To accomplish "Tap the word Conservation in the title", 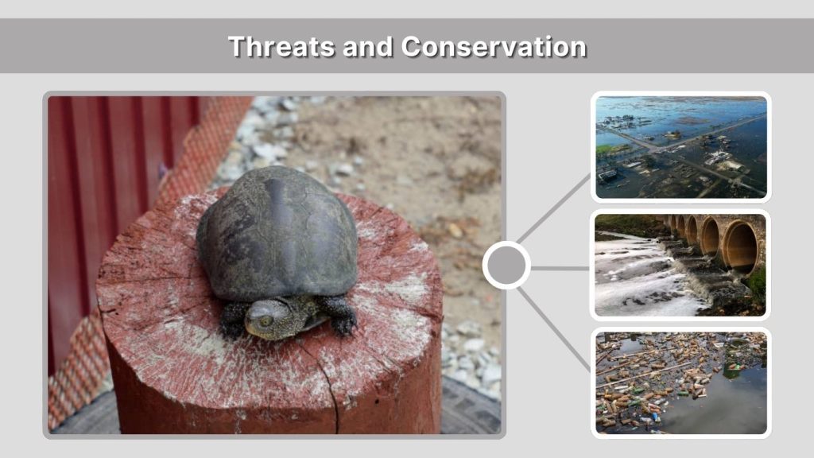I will [494, 46].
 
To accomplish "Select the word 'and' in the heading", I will [369, 46].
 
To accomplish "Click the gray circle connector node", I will [506, 266].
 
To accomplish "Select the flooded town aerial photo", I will [680, 147].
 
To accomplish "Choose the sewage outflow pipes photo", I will [680, 265].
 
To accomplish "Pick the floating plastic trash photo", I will [680, 382].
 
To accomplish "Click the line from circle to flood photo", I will [555, 208].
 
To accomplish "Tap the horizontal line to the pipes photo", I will [560, 268].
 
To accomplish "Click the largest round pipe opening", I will [739, 246].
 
